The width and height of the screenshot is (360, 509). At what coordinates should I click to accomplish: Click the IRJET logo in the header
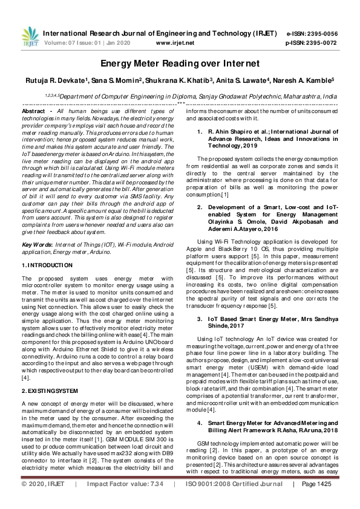28,37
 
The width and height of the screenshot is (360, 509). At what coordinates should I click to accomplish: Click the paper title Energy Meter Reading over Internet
180,63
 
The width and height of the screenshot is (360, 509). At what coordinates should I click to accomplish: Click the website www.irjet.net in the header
175,44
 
